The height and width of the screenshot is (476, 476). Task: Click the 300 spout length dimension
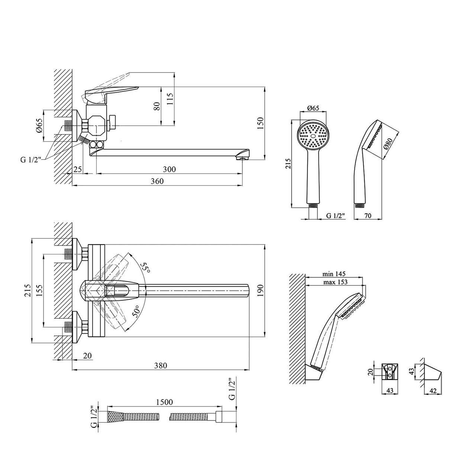pyautogui.click(x=169, y=170)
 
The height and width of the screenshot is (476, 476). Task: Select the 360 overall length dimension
pyautogui.click(x=157, y=181)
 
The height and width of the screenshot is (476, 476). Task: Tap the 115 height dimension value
pyautogui.click(x=170, y=99)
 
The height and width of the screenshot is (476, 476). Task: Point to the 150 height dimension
pyautogui.click(x=260, y=123)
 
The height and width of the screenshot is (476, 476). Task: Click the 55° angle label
pyautogui.click(x=145, y=268)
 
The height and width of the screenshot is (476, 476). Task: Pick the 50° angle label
pyautogui.click(x=136, y=311)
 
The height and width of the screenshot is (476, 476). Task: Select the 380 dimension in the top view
pyautogui.click(x=161, y=365)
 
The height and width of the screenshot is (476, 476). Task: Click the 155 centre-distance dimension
pyautogui.click(x=39, y=290)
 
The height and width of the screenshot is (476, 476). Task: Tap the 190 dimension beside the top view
pyautogui.click(x=260, y=290)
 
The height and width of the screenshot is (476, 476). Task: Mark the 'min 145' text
pyautogui.click(x=334, y=274)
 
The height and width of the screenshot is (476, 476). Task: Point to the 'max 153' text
pyautogui.click(x=335, y=282)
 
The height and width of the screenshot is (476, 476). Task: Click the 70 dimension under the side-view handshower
pyautogui.click(x=368, y=216)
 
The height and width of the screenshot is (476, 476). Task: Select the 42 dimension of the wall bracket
pyautogui.click(x=433, y=391)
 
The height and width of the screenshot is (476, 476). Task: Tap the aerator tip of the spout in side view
pyautogui.click(x=242, y=157)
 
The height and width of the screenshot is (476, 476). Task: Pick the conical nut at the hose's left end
pyautogui.click(x=115, y=418)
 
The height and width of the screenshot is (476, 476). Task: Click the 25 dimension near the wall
pyautogui.click(x=78, y=170)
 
